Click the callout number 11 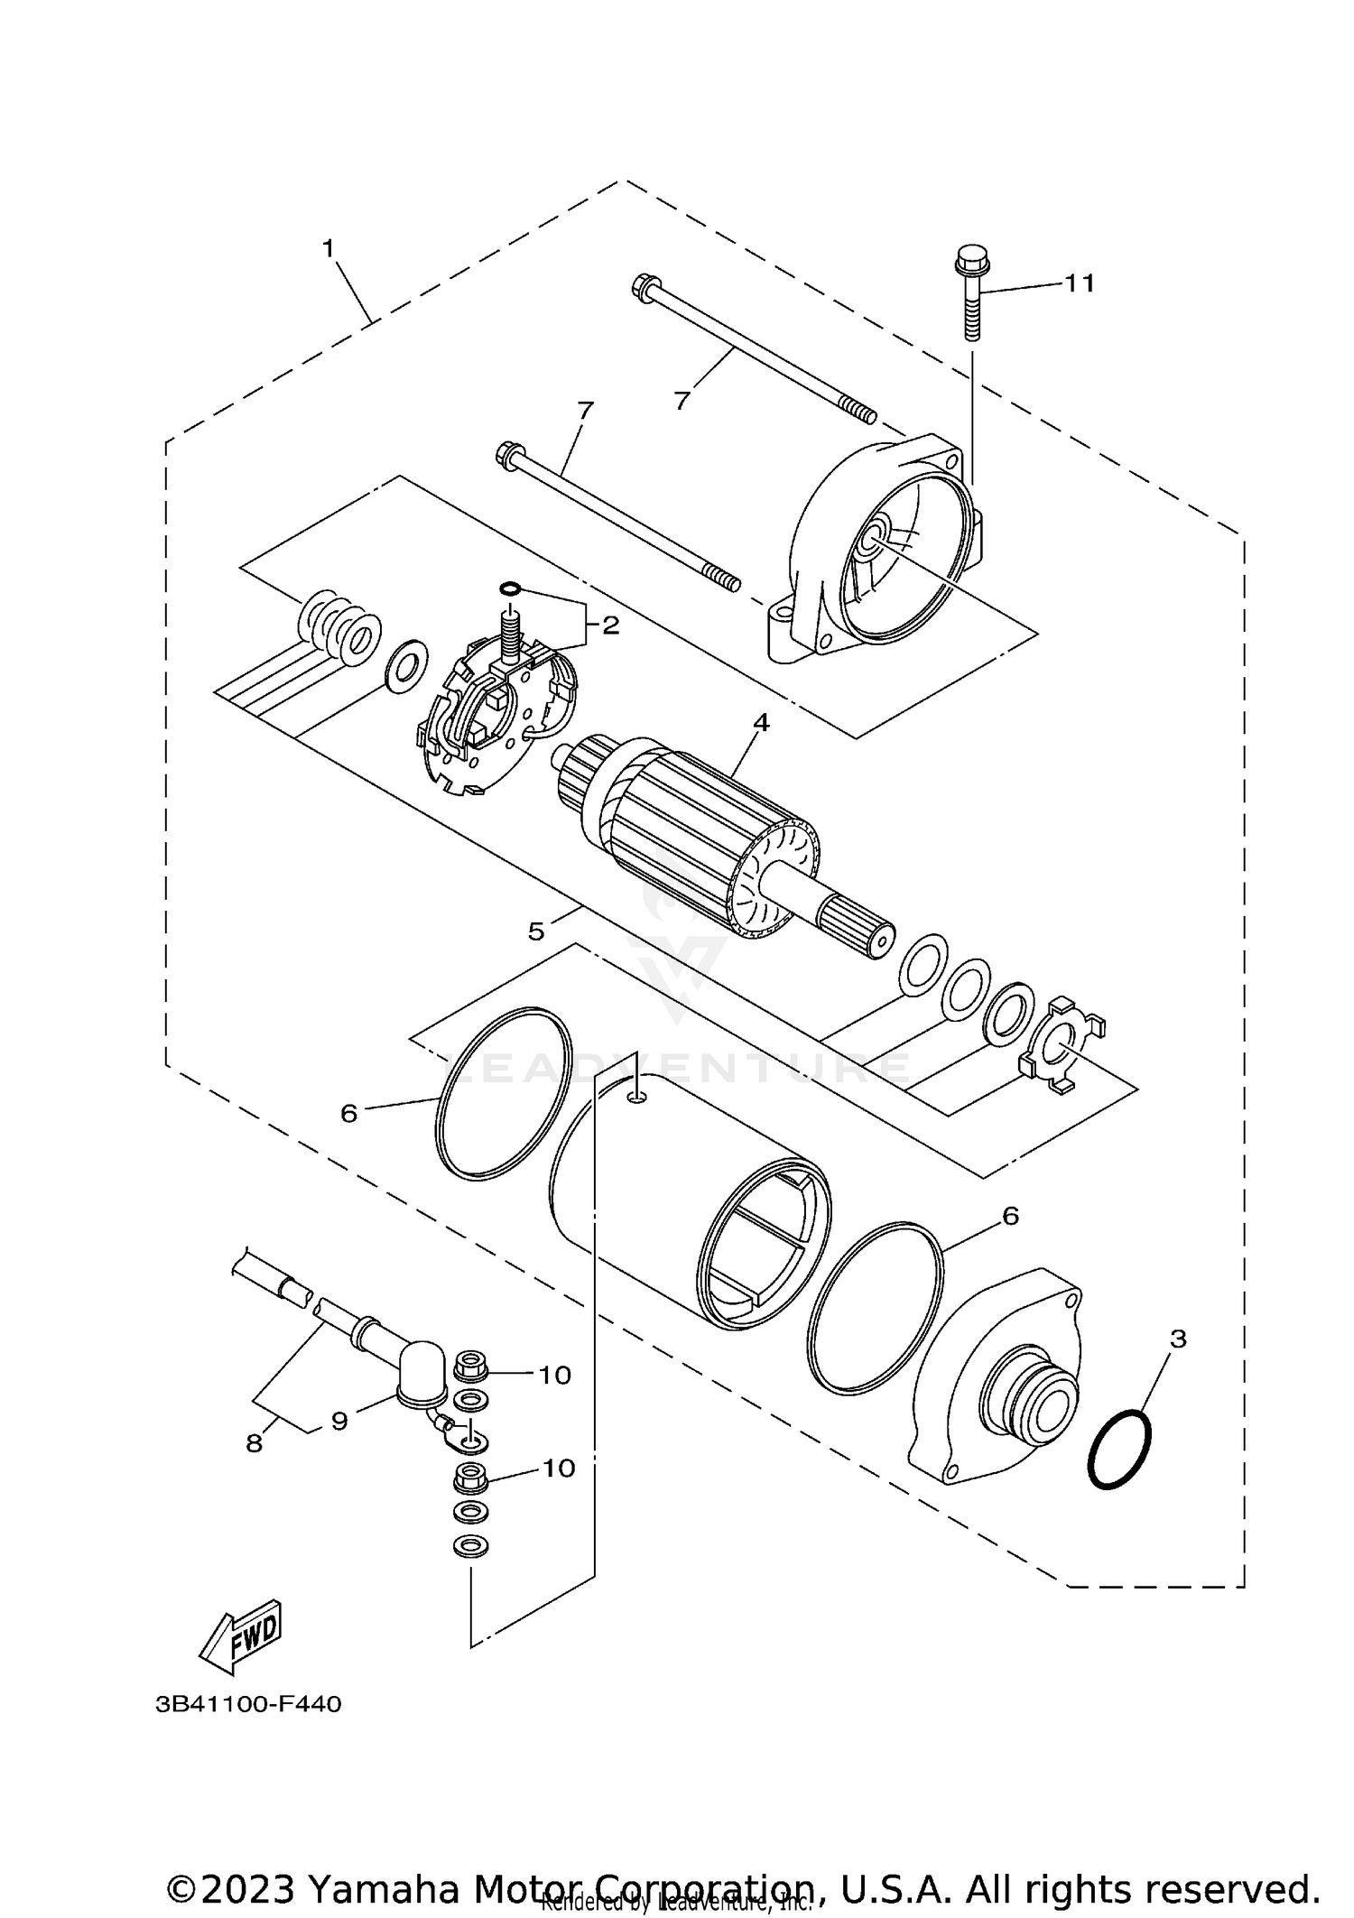pyautogui.click(x=1079, y=283)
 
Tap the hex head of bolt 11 pyautogui.click(x=971, y=264)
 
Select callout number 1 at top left pyautogui.click(x=329, y=248)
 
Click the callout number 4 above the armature pyautogui.click(x=761, y=722)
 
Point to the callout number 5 pyautogui.click(x=536, y=931)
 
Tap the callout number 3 pyautogui.click(x=1177, y=1339)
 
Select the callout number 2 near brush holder pyautogui.click(x=611, y=625)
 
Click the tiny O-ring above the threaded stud pyautogui.click(x=509, y=588)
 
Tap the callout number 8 pyautogui.click(x=255, y=1444)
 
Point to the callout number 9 pyautogui.click(x=339, y=1422)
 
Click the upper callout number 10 pyautogui.click(x=555, y=1375)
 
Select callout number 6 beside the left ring pyautogui.click(x=349, y=1114)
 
